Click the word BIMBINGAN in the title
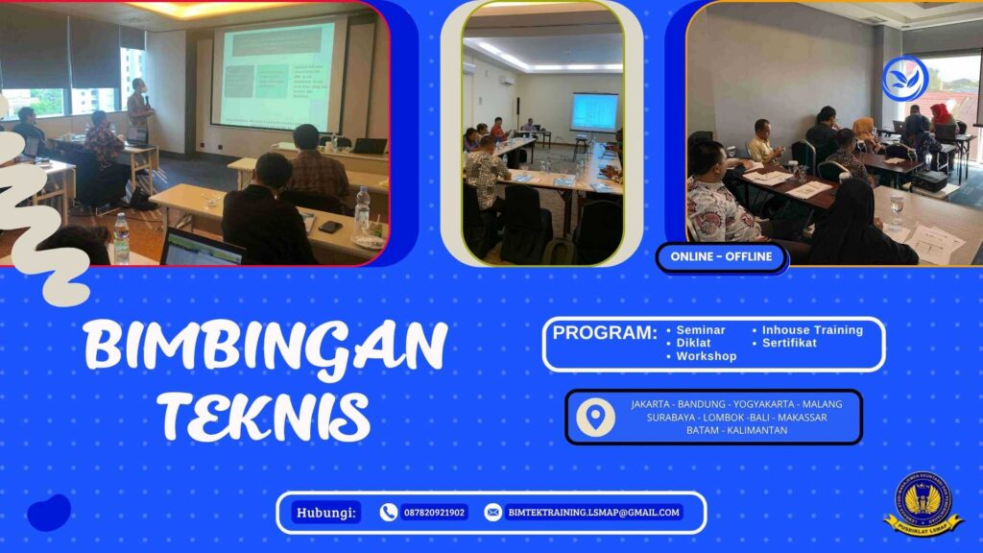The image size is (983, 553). click(265, 347)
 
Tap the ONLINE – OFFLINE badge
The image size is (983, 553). click(722, 257)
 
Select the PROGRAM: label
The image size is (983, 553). click(605, 333)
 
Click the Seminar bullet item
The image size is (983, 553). click(701, 329)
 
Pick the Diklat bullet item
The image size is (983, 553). click(695, 343)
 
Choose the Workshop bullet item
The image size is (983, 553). click(706, 356)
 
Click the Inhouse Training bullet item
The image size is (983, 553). click(812, 329)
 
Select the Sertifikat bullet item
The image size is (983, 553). click(789, 343)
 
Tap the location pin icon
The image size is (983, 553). click(596, 417)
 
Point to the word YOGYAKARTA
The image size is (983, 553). click(757, 404)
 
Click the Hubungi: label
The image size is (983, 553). click(326, 513)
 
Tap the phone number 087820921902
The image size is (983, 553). click(434, 513)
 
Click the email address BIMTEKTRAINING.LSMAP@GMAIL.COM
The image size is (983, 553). click(593, 513)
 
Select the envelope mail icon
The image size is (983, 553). click(493, 513)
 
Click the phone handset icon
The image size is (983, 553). click(389, 513)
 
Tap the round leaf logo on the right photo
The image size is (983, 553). click(904, 79)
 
